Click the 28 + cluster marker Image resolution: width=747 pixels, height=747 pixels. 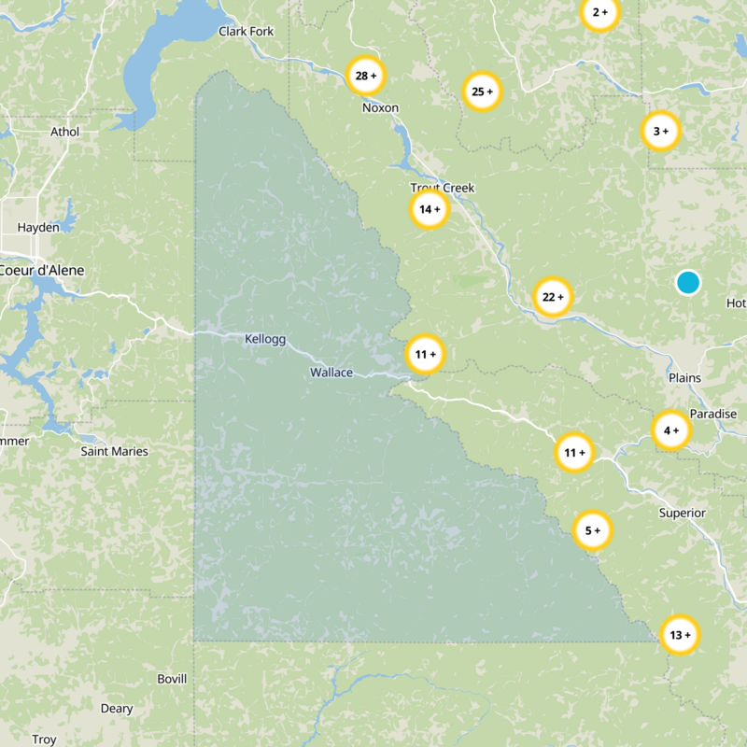point(365,75)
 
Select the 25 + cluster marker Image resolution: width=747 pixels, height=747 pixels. point(483,92)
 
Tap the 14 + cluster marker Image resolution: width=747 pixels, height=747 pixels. point(430,209)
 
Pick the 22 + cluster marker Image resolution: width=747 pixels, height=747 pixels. point(553,297)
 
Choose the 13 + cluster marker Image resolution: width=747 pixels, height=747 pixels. point(679,635)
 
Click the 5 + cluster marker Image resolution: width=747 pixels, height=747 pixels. point(592,530)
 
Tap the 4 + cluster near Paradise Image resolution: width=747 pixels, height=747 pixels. point(670,430)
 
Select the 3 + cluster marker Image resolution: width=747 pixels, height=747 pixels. point(660,132)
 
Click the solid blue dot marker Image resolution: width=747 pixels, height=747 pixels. point(687,282)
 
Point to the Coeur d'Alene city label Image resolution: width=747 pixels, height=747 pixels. point(41,271)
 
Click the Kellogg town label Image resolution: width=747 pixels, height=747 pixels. point(265,338)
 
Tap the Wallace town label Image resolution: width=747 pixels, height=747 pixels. point(331,373)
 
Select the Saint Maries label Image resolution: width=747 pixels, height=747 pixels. point(114,452)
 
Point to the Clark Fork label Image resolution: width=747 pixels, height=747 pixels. point(247,32)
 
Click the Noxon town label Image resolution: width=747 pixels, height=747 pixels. point(380,108)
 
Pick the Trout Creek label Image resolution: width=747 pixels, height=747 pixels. point(443,188)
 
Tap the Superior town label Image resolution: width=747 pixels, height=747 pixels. point(682,514)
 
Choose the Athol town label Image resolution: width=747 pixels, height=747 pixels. point(65,133)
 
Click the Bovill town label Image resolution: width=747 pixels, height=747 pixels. point(172,678)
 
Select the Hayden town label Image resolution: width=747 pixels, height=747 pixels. point(38,227)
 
